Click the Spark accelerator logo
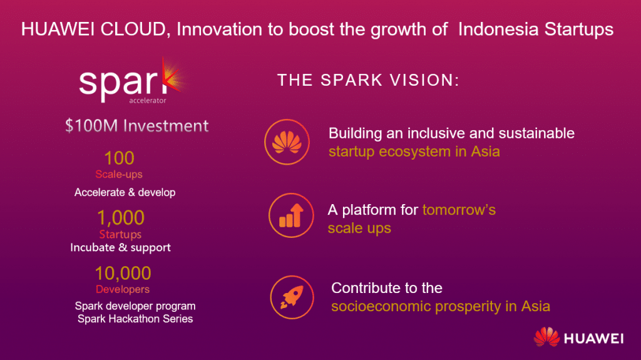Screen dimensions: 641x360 point(131,81)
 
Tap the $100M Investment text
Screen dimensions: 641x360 point(137,126)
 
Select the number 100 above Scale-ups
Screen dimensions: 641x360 point(119,158)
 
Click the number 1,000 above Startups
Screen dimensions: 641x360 point(121,218)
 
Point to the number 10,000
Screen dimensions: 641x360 point(123,273)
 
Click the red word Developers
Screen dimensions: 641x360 point(123,289)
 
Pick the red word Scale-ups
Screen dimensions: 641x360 point(119,174)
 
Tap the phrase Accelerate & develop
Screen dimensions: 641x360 point(125,192)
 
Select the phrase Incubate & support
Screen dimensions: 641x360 point(121,247)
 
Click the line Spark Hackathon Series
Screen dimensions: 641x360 point(135,319)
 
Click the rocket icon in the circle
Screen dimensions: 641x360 point(292,297)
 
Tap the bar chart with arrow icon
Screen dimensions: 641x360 point(291,215)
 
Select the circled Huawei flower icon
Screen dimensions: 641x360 point(287,142)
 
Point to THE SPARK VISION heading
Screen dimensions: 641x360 point(368,80)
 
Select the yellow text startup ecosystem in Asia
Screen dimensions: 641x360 point(414,152)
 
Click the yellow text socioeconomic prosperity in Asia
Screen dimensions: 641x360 point(441,306)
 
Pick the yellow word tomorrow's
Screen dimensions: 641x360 point(459,210)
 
